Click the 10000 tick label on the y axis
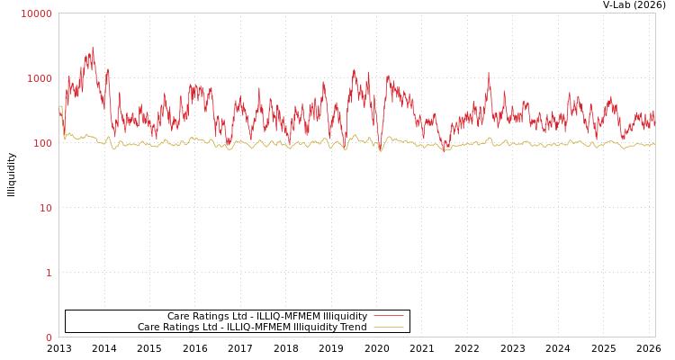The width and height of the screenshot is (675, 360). (36, 13)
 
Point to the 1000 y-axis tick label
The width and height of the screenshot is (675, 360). (40, 78)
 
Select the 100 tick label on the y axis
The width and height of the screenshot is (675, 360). (42, 143)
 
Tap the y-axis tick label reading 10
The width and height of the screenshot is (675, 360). (46, 208)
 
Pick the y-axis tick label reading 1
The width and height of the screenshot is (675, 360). (49, 273)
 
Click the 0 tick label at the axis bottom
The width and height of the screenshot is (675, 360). (49, 337)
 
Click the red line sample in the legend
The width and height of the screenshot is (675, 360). (388, 316)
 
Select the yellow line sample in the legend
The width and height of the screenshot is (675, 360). (388, 328)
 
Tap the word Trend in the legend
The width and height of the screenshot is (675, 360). (351, 328)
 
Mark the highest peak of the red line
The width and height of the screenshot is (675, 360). (92, 48)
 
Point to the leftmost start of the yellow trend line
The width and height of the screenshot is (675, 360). (59, 107)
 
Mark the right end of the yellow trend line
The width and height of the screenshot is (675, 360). (654, 144)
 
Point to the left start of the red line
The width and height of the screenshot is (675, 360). (59, 112)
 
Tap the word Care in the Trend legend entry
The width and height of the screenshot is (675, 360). (148, 328)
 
